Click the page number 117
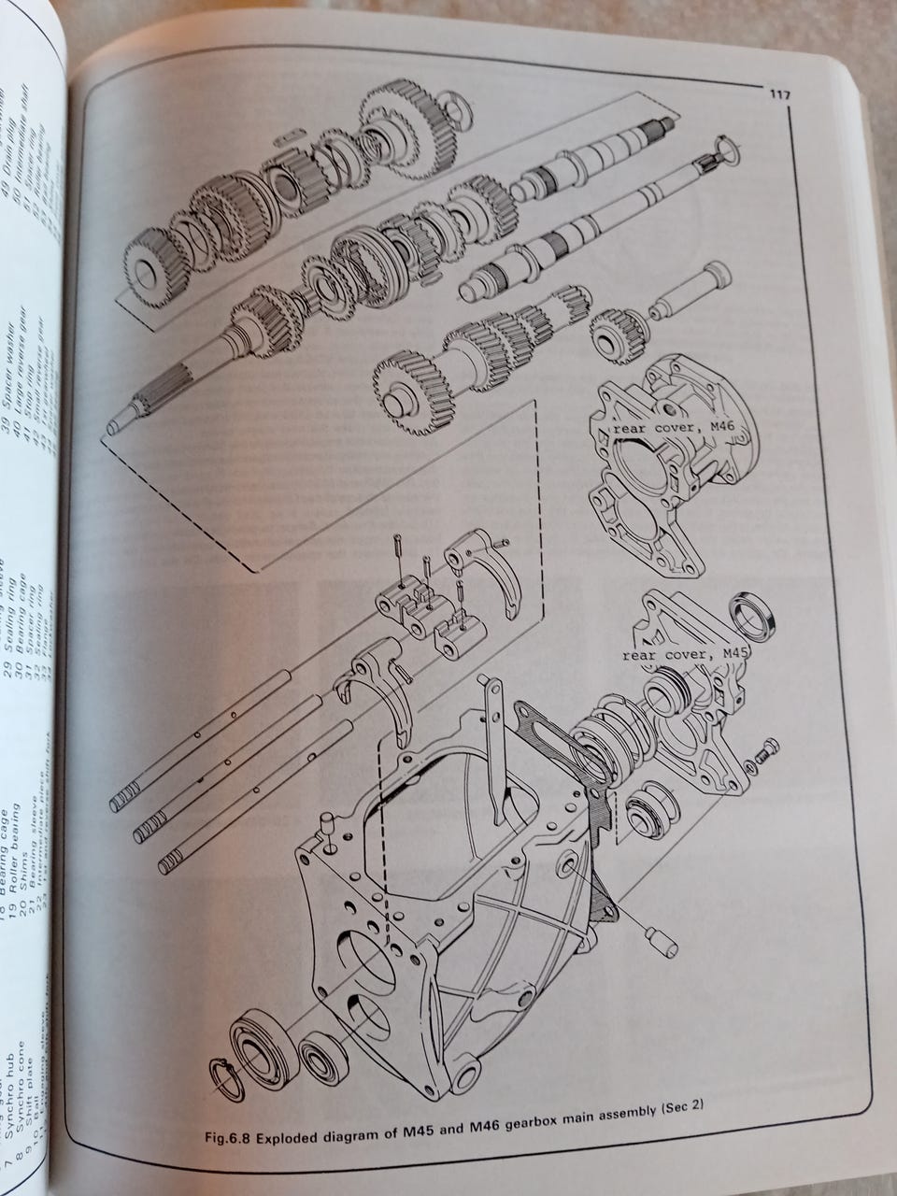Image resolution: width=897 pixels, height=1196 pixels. tap(781, 93)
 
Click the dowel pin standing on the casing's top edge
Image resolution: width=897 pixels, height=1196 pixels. tap(327, 826)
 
